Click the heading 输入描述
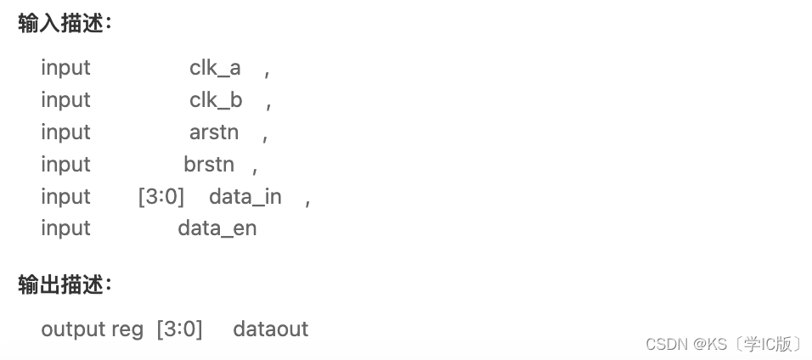pos(65,23)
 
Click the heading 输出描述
pos(65,285)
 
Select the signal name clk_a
pos(215,68)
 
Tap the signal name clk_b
pos(216,100)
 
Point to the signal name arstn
pos(214,132)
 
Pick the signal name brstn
pos(209,165)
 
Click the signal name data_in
pos(245,197)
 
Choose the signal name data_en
pos(217,228)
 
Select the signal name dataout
pos(271,329)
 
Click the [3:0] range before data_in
pos(161,197)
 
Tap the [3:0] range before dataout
pos(179,329)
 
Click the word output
pos(73,329)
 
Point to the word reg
pos(127,329)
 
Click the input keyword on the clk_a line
pos(65,68)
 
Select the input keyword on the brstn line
pos(65,165)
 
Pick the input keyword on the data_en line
pos(65,228)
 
